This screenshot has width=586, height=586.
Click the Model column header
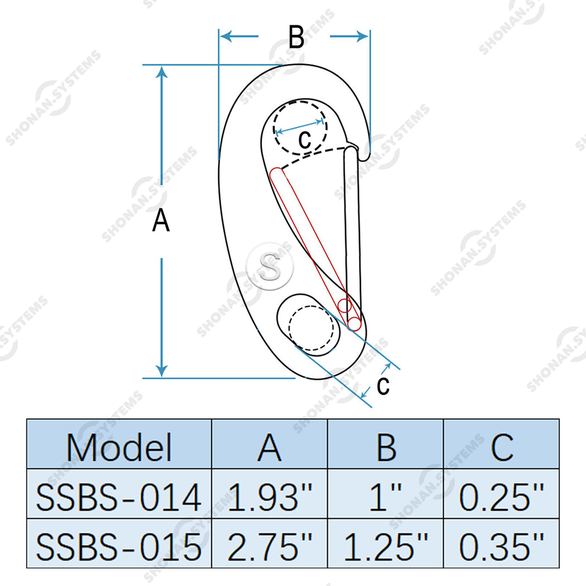tap(119, 448)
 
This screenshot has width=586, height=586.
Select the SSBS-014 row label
tap(119, 498)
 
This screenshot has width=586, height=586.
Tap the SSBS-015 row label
tap(119, 547)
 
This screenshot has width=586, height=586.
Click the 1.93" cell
tap(270, 497)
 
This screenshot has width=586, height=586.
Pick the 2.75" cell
tap(270, 547)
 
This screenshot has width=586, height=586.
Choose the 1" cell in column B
tap(385, 497)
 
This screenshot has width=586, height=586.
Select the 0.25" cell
tap(501, 497)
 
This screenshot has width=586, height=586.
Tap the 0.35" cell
tap(501, 547)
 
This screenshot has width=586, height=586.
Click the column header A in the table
tap(270, 448)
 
